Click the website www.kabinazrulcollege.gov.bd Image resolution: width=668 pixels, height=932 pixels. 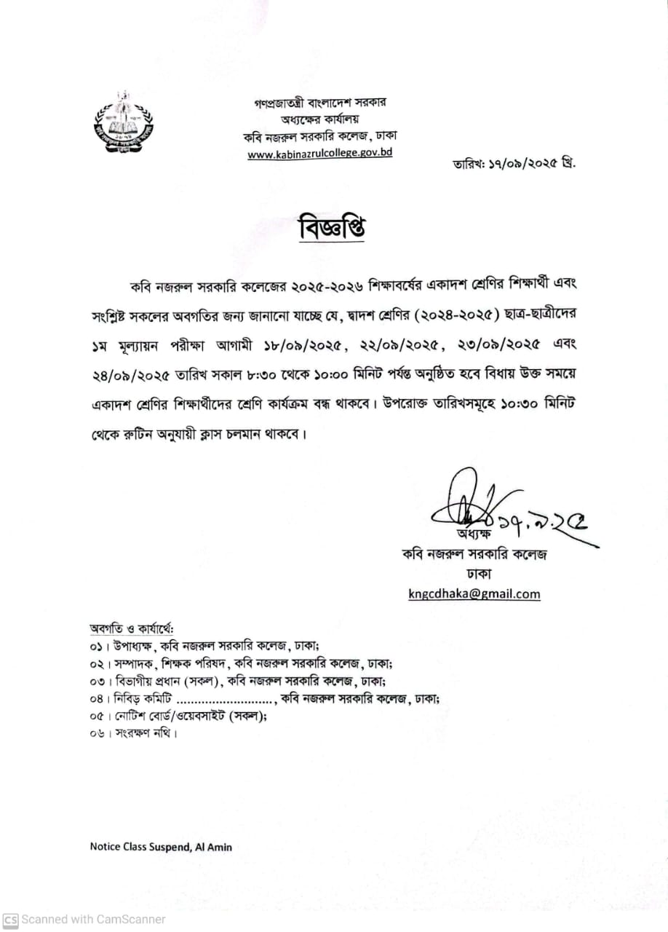pyautogui.click(x=319, y=154)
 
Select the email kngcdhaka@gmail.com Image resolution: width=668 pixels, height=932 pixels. pyautogui.click(x=474, y=593)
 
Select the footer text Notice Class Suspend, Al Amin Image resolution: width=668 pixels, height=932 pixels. pyautogui.click(x=161, y=847)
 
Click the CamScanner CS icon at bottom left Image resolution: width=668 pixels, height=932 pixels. pyautogui.click(x=10, y=920)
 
